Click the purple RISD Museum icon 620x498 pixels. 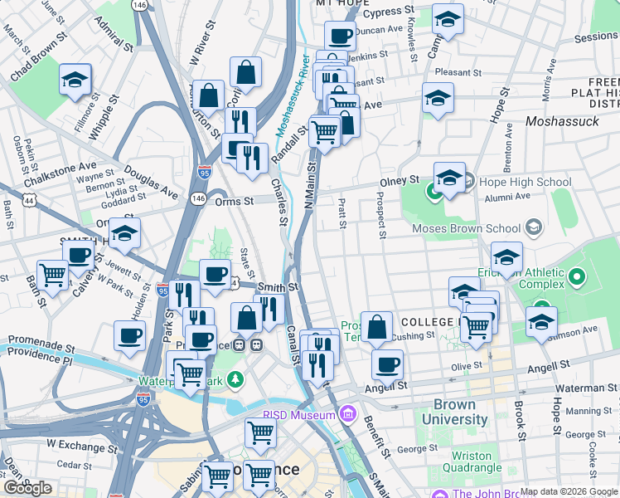point(346,413)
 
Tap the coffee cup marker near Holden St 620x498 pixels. point(129,335)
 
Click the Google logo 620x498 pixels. point(28,488)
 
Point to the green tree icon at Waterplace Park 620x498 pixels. point(236,379)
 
